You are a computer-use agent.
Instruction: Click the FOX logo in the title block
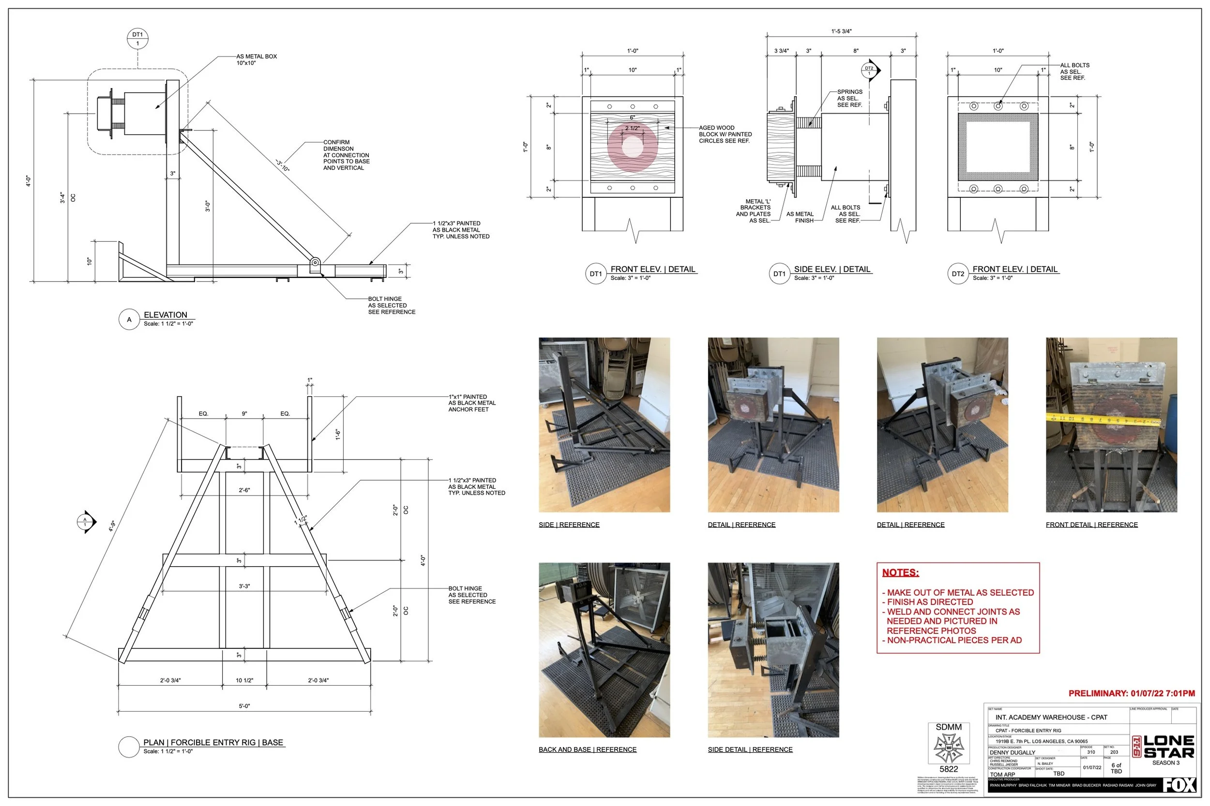(x=1179, y=785)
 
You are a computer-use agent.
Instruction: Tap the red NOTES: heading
(x=900, y=572)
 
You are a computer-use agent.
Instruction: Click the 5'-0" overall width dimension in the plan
(x=244, y=706)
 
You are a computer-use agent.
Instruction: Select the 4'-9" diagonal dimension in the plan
(x=112, y=526)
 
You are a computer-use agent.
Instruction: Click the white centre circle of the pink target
(x=632, y=147)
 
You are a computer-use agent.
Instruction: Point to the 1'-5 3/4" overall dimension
(x=841, y=31)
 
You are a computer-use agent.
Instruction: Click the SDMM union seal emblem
(x=949, y=748)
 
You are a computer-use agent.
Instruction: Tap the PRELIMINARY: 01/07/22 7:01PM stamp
(x=1131, y=693)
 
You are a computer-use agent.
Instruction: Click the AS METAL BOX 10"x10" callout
(x=256, y=59)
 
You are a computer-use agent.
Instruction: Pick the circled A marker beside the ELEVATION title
(x=129, y=319)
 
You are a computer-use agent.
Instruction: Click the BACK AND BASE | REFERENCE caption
(x=587, y=749)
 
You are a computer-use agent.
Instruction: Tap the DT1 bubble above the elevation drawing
(x=137, y=39)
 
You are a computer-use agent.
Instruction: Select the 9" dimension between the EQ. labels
(x=244, y=414)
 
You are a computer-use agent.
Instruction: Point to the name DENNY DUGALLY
(x=1013, y=752)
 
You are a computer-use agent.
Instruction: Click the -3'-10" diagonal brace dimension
(x=283, y=165)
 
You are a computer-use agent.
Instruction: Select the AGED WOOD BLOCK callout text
(x=725, y=134)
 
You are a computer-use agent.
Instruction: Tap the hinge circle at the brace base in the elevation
(x=315, y=262)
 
